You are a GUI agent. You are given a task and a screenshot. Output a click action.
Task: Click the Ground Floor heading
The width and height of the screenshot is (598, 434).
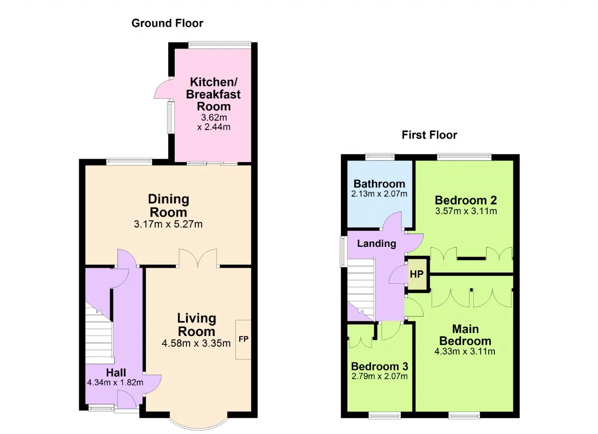click(167, 23)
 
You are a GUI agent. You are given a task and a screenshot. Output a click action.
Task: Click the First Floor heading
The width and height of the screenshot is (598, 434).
click(429, 135)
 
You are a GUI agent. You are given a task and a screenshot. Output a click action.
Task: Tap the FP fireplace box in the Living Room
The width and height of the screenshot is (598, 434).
click(243, 339)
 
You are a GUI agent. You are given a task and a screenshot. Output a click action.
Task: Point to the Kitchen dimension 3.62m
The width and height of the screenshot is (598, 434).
click(214, 117)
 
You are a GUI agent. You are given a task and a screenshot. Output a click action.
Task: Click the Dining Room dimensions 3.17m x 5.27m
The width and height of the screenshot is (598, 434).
click(168, 224)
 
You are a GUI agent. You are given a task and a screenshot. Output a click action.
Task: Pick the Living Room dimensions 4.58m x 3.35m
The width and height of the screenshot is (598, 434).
click(196, 343)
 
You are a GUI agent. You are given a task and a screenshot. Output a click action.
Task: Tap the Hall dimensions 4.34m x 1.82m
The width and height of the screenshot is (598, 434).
click(115, 383)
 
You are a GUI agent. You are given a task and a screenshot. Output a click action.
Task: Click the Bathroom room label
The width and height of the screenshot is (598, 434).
click(379, 184)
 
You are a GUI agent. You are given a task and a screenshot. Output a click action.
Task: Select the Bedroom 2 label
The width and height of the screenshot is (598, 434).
click(466, 200)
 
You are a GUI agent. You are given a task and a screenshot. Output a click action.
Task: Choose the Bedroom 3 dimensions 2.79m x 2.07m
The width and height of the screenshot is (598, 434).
click(379, 376)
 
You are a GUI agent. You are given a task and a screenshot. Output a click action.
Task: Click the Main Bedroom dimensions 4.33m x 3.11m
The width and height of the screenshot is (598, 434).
click(465, 351)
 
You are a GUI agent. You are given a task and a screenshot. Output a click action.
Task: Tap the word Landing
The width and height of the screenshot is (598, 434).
click(377, 244)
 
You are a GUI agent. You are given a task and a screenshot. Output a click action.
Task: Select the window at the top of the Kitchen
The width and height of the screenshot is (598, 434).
click(220, 45)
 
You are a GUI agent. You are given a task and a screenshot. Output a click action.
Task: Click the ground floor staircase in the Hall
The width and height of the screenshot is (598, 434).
click(99, 333)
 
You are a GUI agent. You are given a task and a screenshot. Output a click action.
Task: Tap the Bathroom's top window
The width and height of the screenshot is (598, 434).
click(380, 157)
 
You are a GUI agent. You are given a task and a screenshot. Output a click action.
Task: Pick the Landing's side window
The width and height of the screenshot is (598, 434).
click(343, 252)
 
